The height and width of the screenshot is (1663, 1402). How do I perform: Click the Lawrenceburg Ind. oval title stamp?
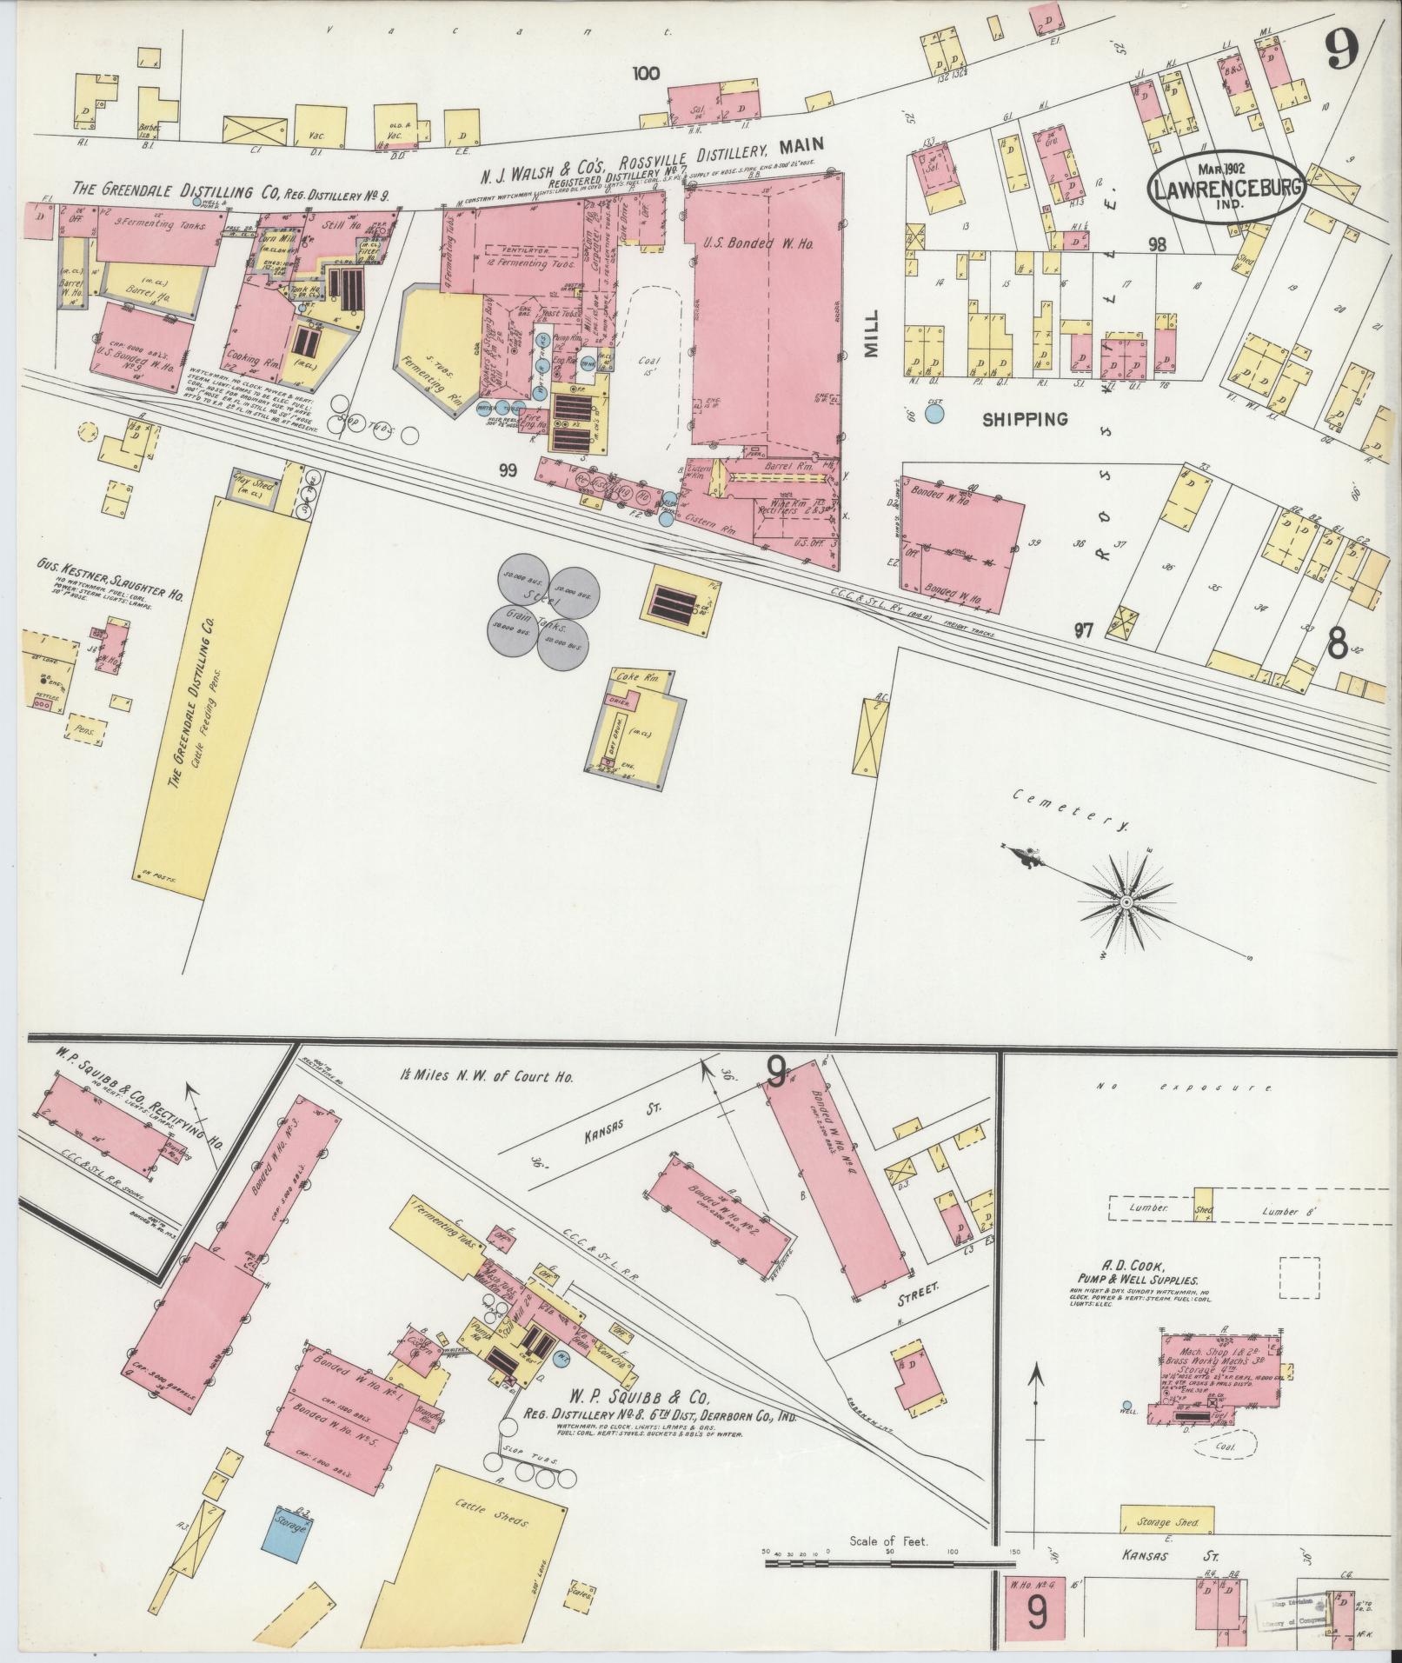click(x=1226, y=186)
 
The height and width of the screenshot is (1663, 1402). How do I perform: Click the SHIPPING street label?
click(x=1025, y=419)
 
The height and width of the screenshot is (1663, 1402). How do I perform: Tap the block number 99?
click(x=508, y=470)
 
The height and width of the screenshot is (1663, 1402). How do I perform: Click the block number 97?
click(x=1082, y=630)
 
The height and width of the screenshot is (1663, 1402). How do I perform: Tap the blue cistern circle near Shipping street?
click(x=934, y=412)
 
